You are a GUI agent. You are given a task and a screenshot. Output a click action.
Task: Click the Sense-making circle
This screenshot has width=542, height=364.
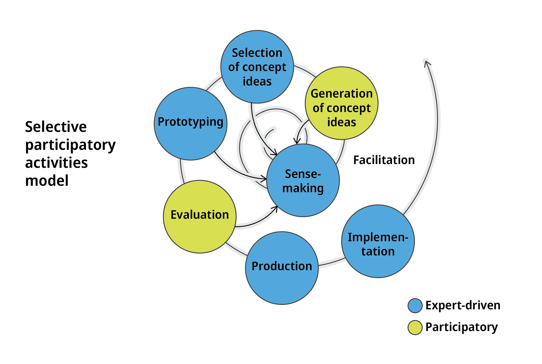[303, 180]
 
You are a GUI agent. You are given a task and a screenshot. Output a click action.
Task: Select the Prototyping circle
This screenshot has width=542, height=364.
[191, 124]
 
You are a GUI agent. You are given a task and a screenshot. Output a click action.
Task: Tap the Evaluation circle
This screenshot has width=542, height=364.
[200, 217]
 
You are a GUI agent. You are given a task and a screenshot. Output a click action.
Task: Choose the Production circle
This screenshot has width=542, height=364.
[282, 268]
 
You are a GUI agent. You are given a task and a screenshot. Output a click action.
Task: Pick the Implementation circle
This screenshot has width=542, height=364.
[378, 241]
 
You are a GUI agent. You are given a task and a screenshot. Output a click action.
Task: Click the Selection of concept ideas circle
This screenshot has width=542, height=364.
[257, 67]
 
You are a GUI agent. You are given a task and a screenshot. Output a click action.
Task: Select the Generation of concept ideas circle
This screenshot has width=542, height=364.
[342, 103]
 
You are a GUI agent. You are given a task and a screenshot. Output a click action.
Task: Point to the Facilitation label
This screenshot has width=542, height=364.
[384, 160]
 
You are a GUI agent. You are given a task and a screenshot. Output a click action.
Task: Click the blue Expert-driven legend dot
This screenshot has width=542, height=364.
[415, 306]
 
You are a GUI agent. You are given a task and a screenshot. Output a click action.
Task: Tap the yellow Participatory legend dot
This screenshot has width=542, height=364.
[415, 327]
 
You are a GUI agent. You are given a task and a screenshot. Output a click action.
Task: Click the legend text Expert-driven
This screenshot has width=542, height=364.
[463, 305]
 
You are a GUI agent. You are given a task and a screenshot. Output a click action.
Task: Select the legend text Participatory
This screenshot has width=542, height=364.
[462, 327]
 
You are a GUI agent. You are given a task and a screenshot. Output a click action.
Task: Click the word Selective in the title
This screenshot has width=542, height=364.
[56, 127]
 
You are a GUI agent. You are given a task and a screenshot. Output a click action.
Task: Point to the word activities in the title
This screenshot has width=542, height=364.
[56, 163]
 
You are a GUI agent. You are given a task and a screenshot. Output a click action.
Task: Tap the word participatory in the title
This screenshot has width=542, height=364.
[70, 145]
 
